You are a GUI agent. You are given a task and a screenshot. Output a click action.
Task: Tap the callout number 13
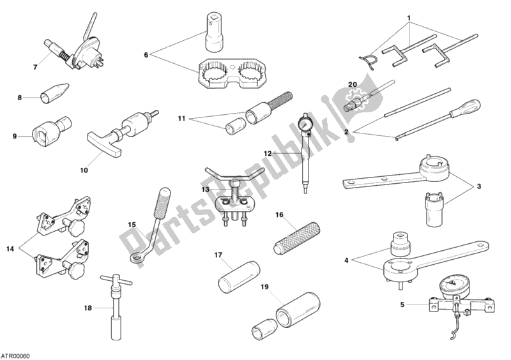(204, 190)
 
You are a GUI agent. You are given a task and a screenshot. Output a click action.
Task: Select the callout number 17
(218, 255)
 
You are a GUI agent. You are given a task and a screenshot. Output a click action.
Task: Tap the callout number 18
(89, 308)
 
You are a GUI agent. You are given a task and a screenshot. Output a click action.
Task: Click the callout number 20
(352, 84)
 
